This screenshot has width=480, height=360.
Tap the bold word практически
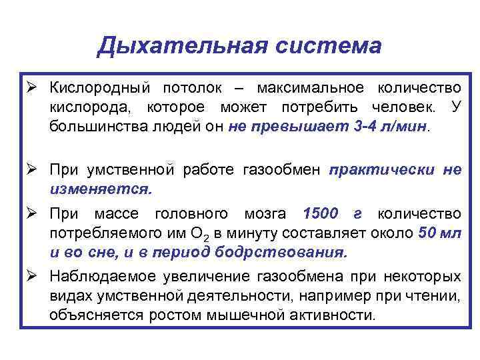pos(380,170)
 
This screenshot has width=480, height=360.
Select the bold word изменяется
pos(100,188)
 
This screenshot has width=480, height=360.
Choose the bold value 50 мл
pos(440,233)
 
